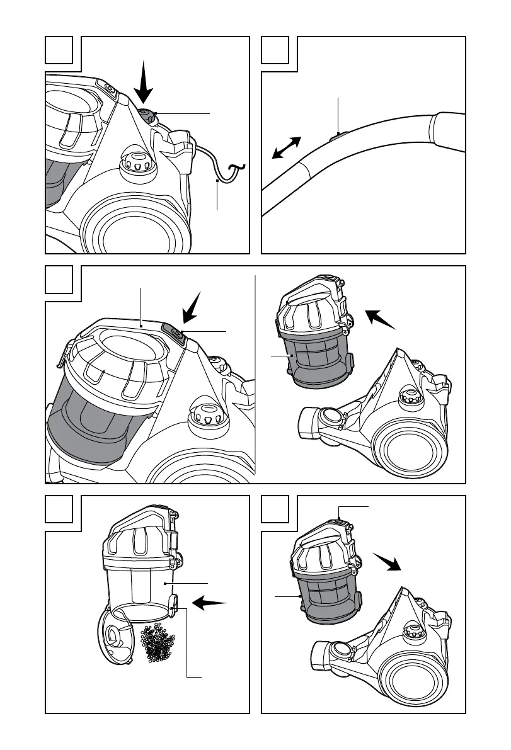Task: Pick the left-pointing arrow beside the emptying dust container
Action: [209, 604]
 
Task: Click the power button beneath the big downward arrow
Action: [147, 115]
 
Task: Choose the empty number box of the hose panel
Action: [275, 50]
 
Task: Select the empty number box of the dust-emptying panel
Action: [59, 509]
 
